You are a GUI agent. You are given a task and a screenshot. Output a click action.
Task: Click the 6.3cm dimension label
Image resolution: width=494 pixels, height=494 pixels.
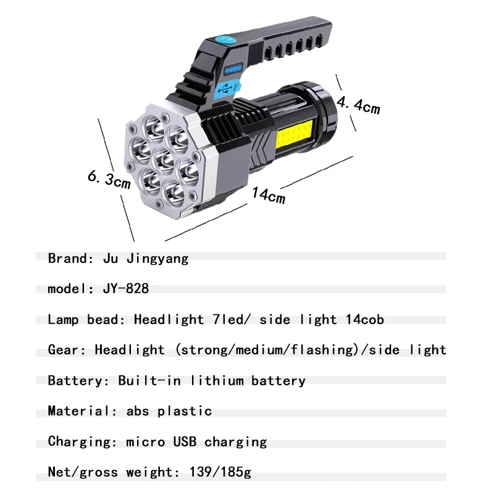[x=109, y=180]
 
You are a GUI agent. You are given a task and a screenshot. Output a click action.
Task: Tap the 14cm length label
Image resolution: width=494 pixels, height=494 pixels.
[x=268, y=195]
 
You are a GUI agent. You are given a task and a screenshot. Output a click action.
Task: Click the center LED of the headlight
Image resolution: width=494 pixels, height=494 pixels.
[x=164, y=158]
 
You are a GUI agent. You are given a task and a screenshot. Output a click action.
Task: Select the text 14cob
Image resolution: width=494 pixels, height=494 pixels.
[x=364, y=319]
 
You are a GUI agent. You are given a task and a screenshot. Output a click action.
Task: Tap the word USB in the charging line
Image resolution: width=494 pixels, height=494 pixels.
[x=185, y=442]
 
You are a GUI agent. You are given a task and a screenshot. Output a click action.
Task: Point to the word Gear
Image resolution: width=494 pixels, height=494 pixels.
[x=65, y=350]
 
